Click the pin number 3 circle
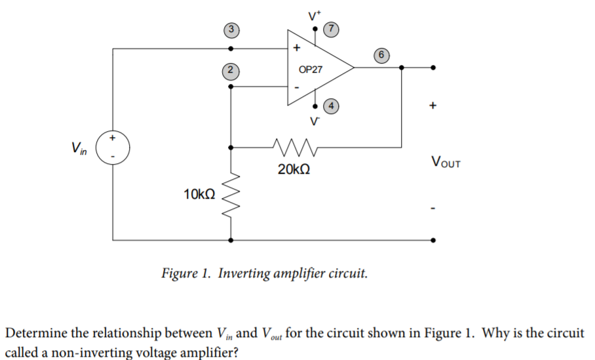(229, 29)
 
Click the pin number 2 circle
(229, 69)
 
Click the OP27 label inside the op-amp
(310, 69)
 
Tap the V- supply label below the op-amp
(315, 121)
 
